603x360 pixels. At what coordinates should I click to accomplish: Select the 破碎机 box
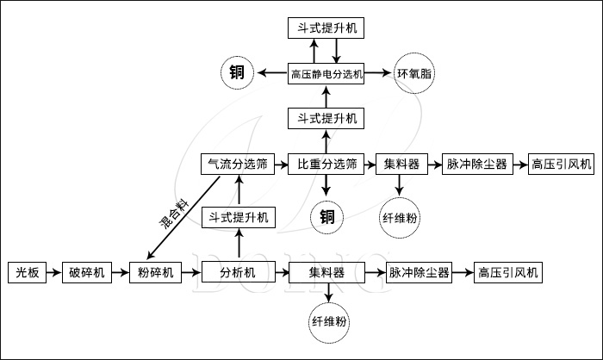click(87, 272)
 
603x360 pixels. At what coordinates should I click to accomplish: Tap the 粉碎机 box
click(155, 272)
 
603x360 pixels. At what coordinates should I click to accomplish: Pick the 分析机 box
click(237, 272)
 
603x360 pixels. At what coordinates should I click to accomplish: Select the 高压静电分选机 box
click(327, 74)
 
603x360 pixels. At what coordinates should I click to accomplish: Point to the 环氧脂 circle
click(414, 74)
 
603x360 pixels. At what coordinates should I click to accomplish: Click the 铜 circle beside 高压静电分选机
click(237, 74)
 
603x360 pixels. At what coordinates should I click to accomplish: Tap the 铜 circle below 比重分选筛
click(327, 215)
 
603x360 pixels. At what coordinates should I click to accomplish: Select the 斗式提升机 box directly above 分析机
click(237, 217)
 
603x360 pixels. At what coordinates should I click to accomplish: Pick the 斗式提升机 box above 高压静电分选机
click(327, 28)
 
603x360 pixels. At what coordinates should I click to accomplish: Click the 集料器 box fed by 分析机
click(327, 272)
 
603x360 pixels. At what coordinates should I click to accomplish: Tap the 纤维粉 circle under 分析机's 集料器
click(327, 322)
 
